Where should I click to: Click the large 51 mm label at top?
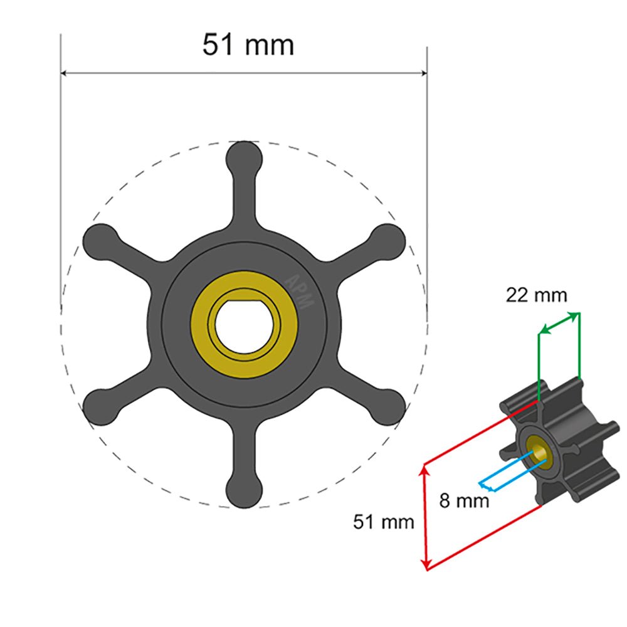(x=248, y=45)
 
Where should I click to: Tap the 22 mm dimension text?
(x=536, y=295)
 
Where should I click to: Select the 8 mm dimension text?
(x=463, y=502)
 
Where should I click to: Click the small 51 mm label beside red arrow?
(x=384, y=522)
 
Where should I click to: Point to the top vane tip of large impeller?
(x=244, y=155)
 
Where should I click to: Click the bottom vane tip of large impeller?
(x=244, y=491)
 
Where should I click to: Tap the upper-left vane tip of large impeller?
(x=99, y=239)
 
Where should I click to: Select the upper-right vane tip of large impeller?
(x=389, y=239)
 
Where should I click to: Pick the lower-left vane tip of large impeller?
(x=99, y=406)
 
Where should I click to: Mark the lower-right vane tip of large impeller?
(x=389, y=406)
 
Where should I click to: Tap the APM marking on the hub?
(x=299, y=292)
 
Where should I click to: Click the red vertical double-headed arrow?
(x=426, y=517)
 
